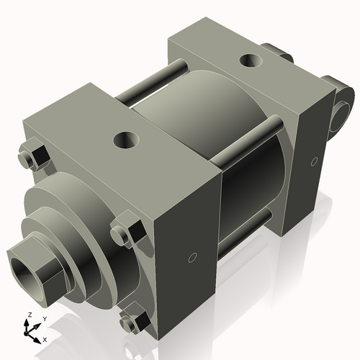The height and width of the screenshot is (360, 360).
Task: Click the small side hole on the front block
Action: pos(192,257)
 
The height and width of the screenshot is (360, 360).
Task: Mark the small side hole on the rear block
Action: pos(314,161)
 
